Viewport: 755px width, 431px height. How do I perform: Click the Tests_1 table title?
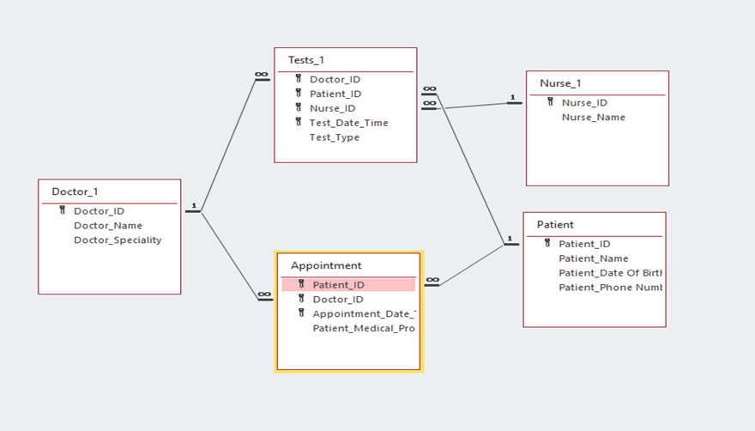306,60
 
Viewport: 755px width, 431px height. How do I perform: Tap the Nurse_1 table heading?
560,83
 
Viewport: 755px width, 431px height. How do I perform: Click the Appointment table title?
326,265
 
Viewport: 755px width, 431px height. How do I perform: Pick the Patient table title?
555,224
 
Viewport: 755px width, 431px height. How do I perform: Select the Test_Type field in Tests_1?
334,137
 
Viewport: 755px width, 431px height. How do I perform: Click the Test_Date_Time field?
348,123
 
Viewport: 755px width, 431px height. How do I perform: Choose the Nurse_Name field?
593,118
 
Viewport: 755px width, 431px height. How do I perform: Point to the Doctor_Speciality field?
118,240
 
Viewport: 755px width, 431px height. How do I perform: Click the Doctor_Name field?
108,226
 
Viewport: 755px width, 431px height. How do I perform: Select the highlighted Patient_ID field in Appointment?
338,285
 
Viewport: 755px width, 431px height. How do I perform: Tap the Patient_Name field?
593,258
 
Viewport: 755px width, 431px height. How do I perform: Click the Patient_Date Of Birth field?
610,273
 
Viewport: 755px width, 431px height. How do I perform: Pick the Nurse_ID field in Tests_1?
332,108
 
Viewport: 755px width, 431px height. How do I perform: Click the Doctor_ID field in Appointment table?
337,300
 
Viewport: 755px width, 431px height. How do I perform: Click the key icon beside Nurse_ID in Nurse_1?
550,102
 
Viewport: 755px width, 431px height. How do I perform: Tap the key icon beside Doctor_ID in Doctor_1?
62,210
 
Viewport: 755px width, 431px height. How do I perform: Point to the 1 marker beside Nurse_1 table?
512,99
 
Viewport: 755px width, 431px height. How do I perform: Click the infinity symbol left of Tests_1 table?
262,76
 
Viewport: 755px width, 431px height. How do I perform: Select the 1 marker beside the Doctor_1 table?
194,206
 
